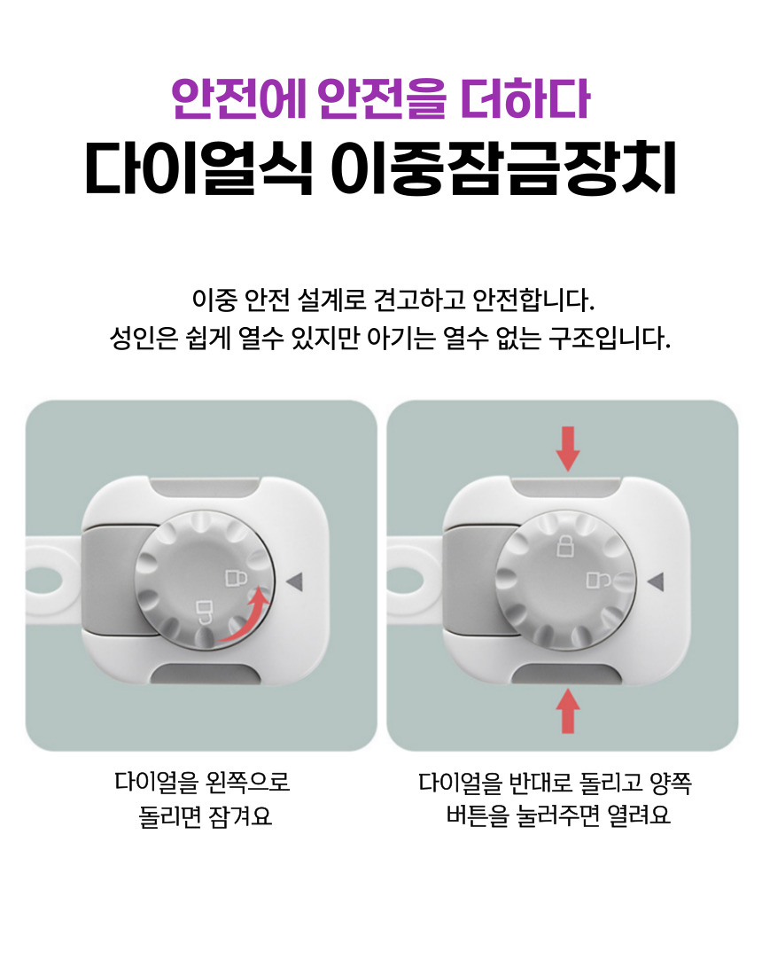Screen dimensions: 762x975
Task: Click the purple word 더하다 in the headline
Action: (525, 99)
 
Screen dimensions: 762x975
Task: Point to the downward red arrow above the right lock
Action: (567, 448)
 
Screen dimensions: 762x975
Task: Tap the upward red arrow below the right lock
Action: (567, 711)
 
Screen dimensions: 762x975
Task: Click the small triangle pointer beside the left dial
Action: (294, 581)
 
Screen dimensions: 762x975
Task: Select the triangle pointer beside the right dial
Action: (656, 581)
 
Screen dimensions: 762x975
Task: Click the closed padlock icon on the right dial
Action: (565, 545)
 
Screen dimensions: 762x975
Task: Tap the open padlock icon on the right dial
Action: (599, 581)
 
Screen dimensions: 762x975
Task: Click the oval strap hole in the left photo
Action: (43, 581)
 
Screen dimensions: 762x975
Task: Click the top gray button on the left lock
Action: (206, 488)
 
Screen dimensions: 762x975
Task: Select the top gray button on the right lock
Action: (567, 488)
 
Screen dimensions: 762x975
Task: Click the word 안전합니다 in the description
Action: (533, 300)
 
